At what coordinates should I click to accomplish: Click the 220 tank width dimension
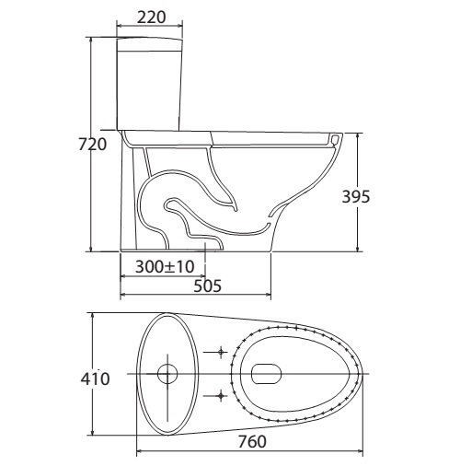click(151, 17)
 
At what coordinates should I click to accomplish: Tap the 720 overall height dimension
click(93, 145)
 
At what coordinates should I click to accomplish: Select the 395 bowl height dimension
click(356, 196)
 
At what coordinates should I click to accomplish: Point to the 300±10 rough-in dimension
click(165, 266)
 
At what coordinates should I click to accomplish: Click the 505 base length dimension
click(207, 286)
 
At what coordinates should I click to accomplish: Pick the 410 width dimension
click(95, 379)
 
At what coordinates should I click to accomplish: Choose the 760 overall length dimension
click(252, 442)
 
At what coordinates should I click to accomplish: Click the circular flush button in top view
click(167, 374)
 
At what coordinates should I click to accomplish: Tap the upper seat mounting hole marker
click(221, 352)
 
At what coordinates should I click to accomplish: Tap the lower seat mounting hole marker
click(221, 396)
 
